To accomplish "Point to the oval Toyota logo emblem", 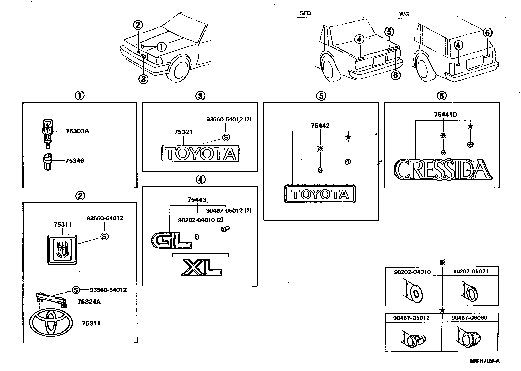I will coord(51,323).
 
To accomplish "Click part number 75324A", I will coord(89,301).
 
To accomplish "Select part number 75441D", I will coord(445,115).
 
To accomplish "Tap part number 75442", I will coord(320,126).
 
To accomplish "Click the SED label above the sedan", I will coord(305,14).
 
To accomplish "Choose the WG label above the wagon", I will coord(404,14).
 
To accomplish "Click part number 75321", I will coord(184,132).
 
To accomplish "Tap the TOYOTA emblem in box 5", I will coord(320,194).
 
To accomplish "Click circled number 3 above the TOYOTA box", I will coord(200,96).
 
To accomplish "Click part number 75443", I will coord(197,200).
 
